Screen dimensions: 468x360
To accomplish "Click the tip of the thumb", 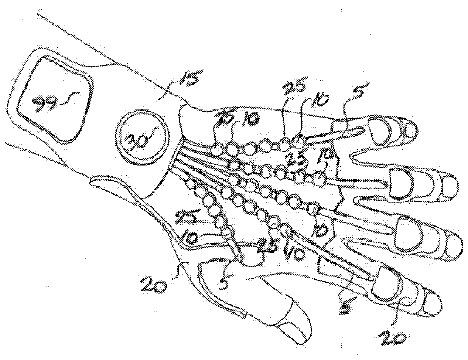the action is click(302, 332).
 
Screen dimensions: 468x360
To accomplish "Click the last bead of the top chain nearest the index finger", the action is click(299, 143).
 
